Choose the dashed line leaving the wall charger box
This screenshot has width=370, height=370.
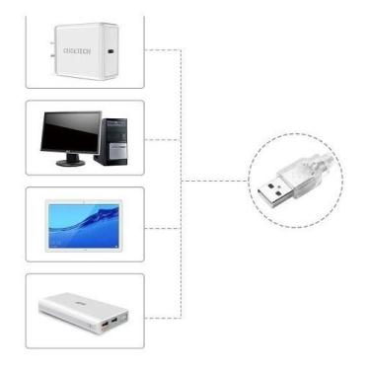tap(163, 48)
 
